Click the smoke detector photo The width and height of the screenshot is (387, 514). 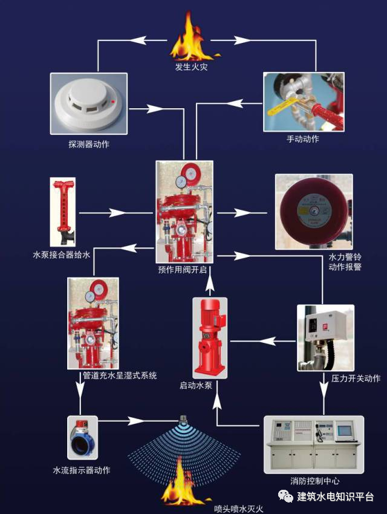(88, 104)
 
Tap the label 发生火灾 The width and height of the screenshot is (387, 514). (192, 67)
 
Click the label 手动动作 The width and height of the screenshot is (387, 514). (303, 139)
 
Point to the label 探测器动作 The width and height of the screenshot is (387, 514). (89, 145)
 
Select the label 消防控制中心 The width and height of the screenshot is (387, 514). (314, 481)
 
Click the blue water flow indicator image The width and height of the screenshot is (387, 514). (82, 437)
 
